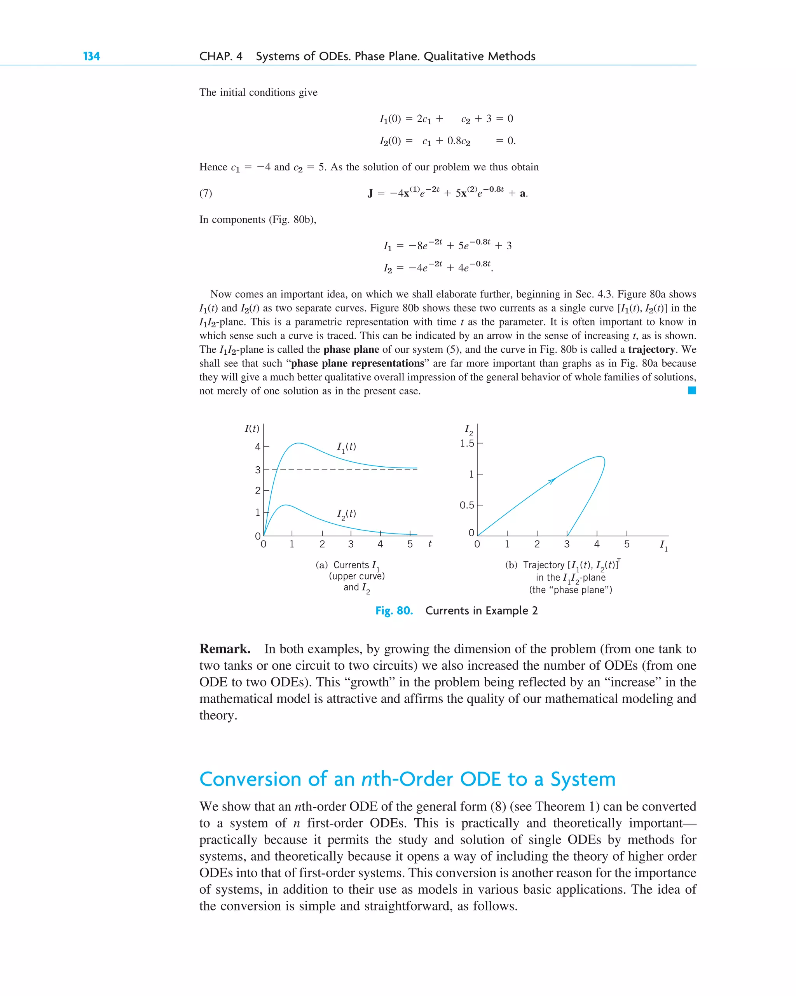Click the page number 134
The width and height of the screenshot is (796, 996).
[91, 56]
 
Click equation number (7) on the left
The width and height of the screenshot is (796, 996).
[206, 193]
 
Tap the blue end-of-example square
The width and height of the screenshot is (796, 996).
[692, 390]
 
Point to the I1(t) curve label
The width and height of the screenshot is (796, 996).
[346, 447]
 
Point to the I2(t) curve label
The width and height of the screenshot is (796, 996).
[346, 514]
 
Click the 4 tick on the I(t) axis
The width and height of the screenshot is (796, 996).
[258, 447]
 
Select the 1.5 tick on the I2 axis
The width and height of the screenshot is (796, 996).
[467, 443]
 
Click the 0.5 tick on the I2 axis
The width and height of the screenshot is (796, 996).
[467, 505]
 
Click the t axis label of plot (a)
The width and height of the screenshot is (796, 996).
[430, 544]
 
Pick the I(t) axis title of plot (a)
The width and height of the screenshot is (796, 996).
[251, 428]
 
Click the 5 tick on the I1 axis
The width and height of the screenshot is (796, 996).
[627, 544]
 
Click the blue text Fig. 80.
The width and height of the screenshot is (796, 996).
[394, 611]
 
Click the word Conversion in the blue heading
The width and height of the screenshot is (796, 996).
[250, 779]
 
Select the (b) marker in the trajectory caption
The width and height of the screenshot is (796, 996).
[511, 565]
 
